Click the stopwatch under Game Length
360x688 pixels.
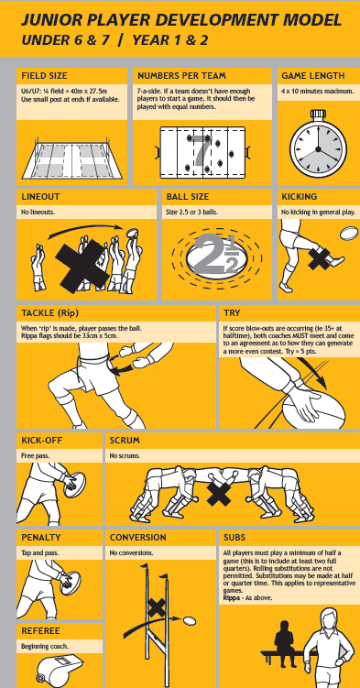[319, 146]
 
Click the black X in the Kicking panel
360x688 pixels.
[319, 259]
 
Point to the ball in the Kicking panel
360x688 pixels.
[349, 233]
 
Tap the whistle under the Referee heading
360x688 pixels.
[60, 671]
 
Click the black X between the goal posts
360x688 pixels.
[157, 607]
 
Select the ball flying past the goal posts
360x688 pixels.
[190, 620]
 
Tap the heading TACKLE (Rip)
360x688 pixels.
[50, 313]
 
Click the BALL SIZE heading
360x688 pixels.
[188, 197]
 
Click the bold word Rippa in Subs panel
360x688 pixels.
[231, 598]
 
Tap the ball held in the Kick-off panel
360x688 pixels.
[75, 485]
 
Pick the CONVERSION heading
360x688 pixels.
[138, 538]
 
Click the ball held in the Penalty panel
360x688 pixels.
[71, 583]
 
